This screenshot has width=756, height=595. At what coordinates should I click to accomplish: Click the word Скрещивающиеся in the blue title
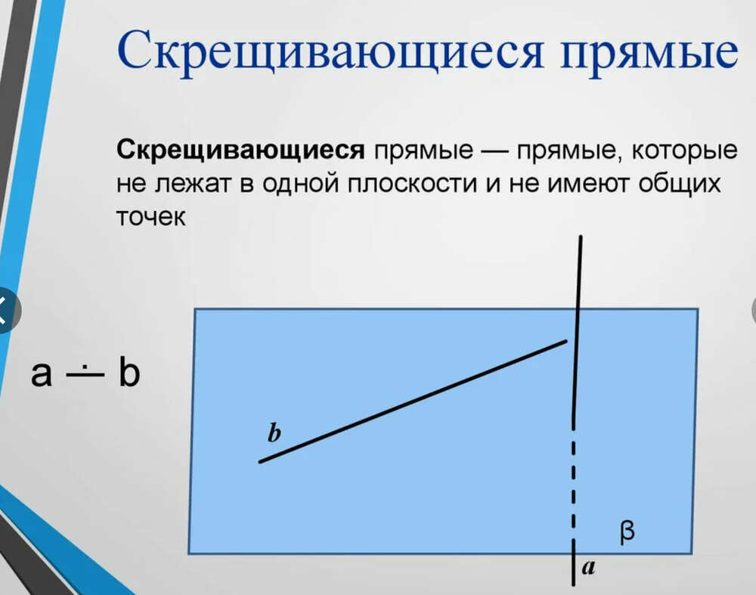coord(330,51)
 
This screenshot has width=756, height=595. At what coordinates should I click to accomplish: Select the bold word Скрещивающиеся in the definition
coord(240,150)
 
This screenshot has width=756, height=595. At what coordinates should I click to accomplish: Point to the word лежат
coord(194,183)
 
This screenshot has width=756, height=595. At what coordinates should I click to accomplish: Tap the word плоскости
coord(412,183)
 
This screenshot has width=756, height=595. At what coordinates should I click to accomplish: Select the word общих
coord(680,184)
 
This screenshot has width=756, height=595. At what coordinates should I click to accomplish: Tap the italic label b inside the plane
coord(274,432)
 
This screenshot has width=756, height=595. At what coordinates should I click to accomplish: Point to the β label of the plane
coord(627,532)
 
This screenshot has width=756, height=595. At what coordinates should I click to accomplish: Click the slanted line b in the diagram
coord(413,401)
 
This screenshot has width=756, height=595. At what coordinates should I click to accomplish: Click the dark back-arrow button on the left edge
coord(7,311)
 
